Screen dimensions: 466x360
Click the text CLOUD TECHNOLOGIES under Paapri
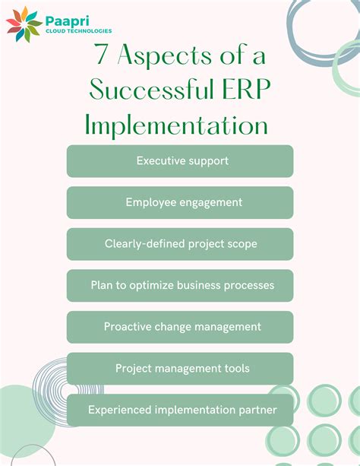(78, 31)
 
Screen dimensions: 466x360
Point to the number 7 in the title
(99, 58)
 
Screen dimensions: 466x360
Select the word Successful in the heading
(147, 91)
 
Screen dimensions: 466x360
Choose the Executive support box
(180, 161)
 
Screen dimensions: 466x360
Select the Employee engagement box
(180, 202)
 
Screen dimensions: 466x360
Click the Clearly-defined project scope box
(180, 244)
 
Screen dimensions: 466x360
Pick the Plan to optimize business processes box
(180, 285)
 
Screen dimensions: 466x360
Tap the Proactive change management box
(180, 327)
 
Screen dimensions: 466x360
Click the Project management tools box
(180, 368)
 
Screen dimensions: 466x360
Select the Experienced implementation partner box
(180, 410)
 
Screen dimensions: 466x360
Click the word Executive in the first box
(162, 161)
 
